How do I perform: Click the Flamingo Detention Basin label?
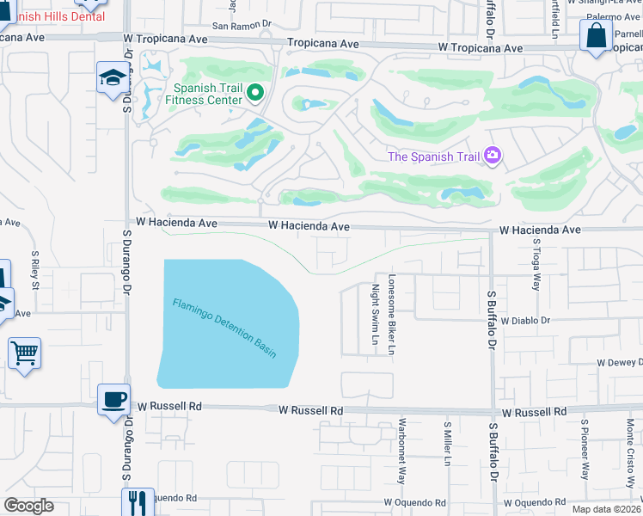point(224,328)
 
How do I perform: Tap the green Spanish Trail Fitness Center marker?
point(254,92)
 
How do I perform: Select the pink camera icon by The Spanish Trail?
point(493,156)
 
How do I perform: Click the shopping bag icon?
point(596,36)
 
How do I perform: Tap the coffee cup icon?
point(114,400)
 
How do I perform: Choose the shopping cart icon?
point(24,353)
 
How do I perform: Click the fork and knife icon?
point(137,502)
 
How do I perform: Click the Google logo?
point(28,506)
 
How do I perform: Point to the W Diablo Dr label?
point(524,320)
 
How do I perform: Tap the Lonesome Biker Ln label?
point(392,316)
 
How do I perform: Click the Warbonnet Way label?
point(401,451)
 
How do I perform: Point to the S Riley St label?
point(36,269)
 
